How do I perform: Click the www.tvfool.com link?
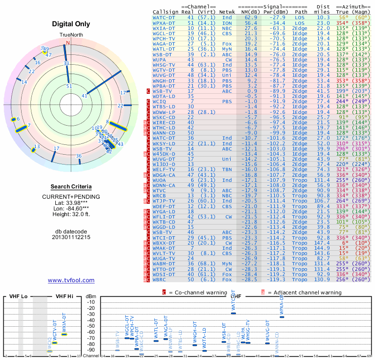(71, 280)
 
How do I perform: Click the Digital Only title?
(71, 24)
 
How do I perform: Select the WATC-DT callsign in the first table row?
(165, 17)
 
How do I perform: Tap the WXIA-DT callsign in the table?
(165, 28)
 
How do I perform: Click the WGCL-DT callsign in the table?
(165, 34)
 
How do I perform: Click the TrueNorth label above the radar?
(70, 35)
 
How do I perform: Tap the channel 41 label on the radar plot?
(85, 96)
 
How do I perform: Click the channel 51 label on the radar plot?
(69, 86)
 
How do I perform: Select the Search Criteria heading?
(71, 186)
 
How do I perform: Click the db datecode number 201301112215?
(71, 237)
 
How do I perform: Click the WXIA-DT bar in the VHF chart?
(64, 334)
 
